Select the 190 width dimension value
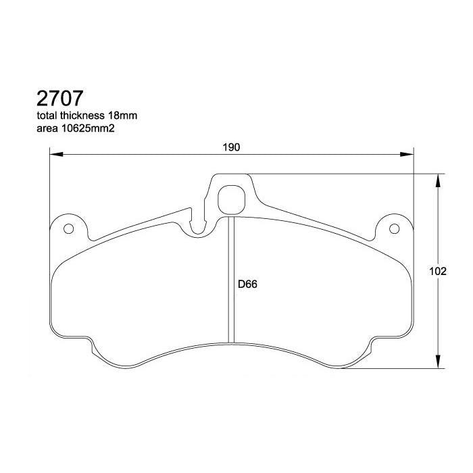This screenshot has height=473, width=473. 232,147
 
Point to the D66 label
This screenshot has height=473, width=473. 247,284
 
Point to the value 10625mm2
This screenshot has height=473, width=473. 86,128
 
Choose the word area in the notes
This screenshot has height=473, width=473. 45,128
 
